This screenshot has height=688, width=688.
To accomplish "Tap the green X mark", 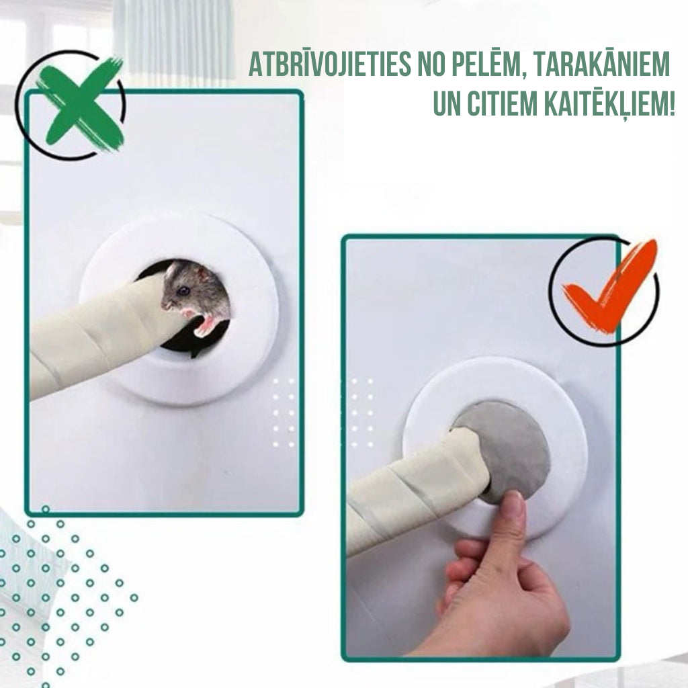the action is (80, 104).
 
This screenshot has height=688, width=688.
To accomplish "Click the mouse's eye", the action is (183, 290).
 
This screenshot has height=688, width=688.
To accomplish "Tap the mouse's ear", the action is (203, 275).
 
